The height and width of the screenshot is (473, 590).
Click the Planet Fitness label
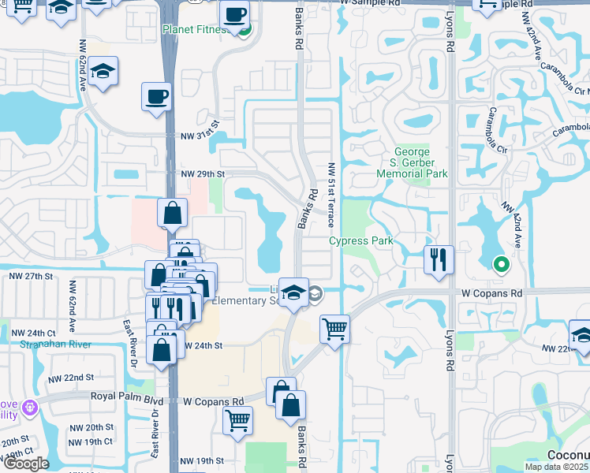click(x=196, y=30)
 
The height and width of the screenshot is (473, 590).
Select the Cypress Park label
click(x=360, y=240)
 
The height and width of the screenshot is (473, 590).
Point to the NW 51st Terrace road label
click(x=332, y=194)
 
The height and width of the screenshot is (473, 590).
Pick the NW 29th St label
click(x=203, y=173)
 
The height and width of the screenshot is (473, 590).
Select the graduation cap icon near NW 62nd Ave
click(x=103, y=71)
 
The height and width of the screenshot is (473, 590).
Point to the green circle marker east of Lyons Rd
click(x=499, y=264)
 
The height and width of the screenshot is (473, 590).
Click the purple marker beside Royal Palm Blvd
click(x=30, y=408)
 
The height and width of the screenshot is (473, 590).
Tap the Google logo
click(x=26, y=464)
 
